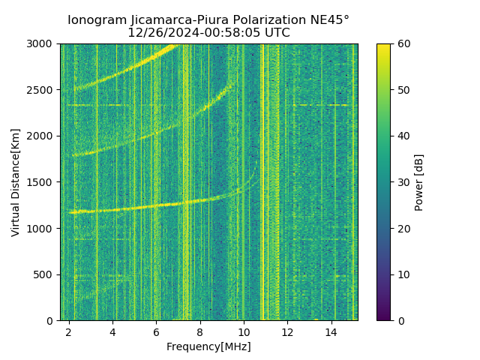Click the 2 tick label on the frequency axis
[x=69, y=331]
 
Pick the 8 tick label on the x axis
[x=200, y=331]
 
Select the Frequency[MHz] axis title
[x=208, y=346]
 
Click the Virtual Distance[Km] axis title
[x=15, y=182]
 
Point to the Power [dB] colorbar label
[x=419, y=182]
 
